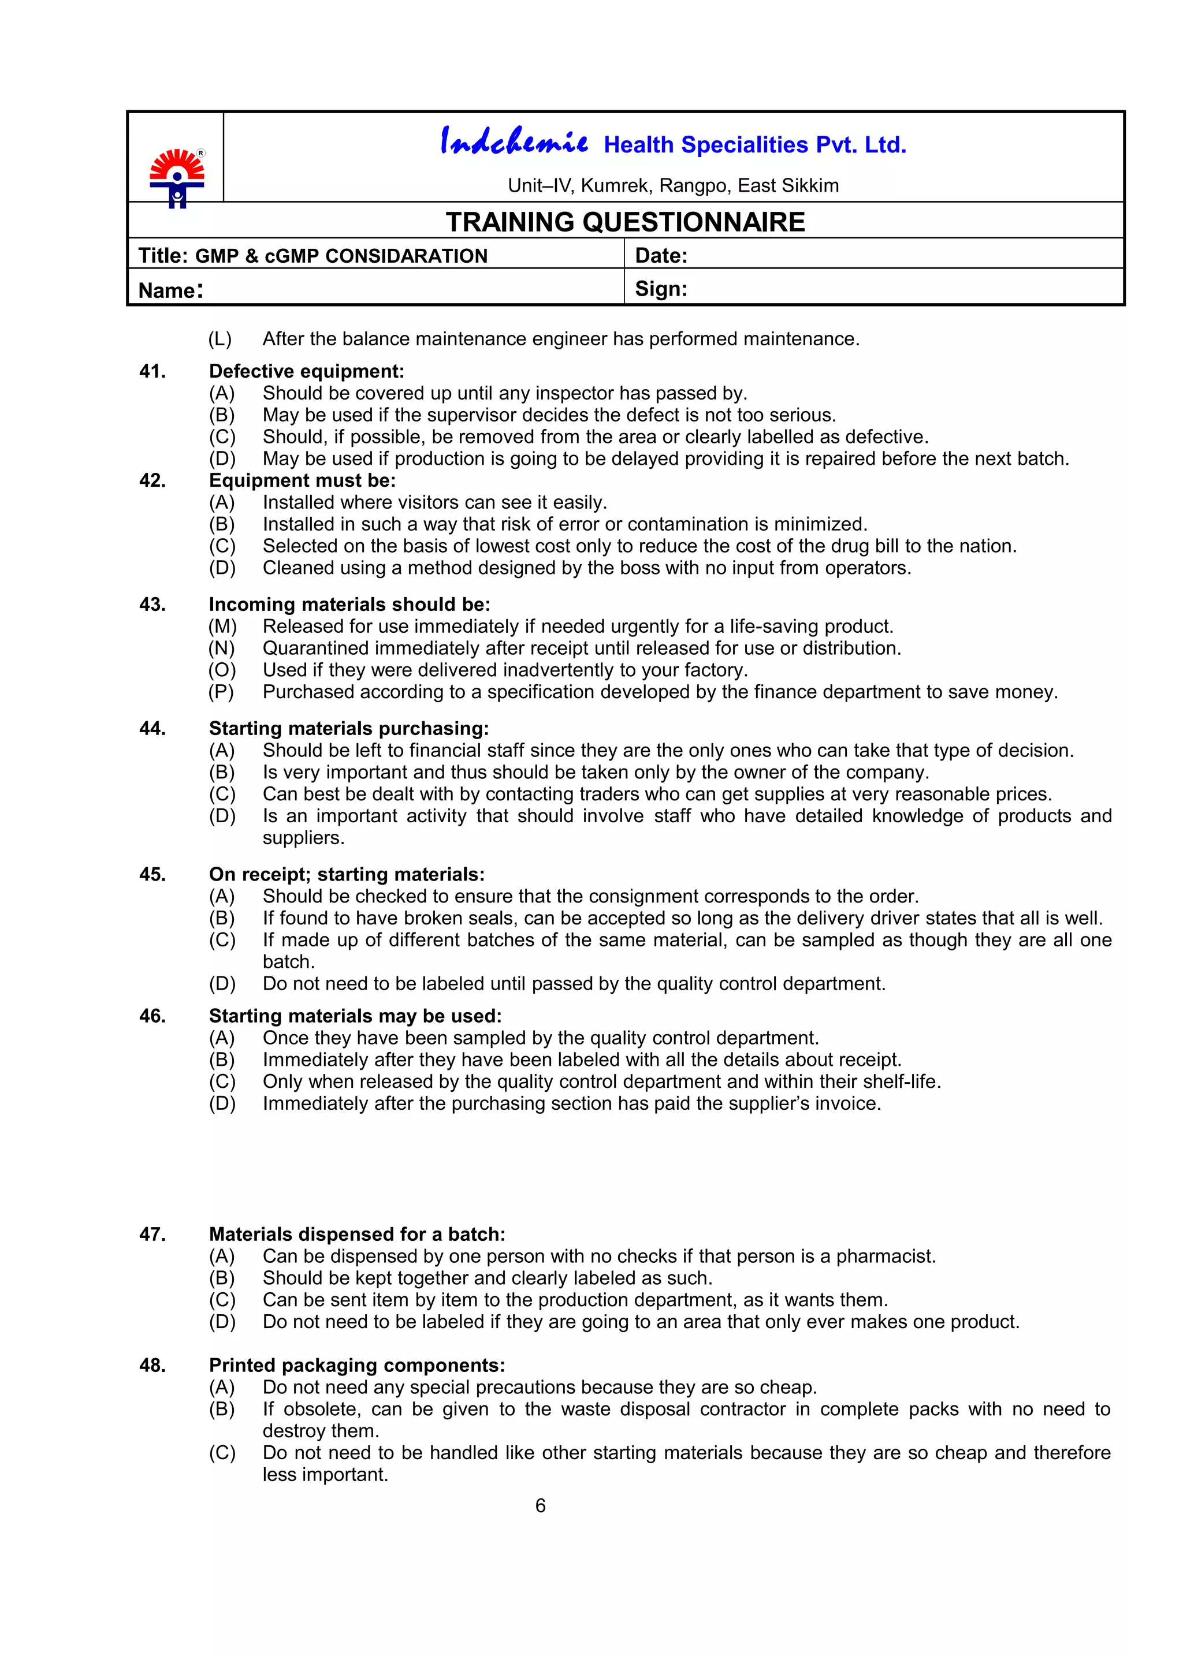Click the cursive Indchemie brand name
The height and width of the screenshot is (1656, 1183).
pyautogui.click(x=514, y=141)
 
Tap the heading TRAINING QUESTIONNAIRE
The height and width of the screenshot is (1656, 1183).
pyautogui.click(x=625, y=222)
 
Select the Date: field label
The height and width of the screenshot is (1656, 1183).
pyautogui.click(x=661, y=256)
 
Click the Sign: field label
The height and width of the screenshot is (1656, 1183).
pyautogui.click(x=661, y=289)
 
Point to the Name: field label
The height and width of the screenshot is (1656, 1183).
pyautogui.click(x=170, y=290)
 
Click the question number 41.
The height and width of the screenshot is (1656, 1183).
pyautogui.click(x=152, y=371)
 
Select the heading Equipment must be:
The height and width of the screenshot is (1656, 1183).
pyautogui.click(x=302, y=480)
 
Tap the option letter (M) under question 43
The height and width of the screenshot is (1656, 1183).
pyautogui.click(x=222, y=626)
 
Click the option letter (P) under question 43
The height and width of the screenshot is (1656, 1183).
pyautogui.click(x=221, y=692)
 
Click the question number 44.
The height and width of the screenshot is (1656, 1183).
pyautogui.click(x=152, y=728)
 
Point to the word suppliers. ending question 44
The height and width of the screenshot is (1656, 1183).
pyautogui.click(x=303, y=838)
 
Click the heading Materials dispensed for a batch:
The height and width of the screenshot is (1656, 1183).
pyautogui.click(x=357, y=1234)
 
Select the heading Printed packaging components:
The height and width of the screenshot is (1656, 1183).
pyautogui.click(x=357, y=1366)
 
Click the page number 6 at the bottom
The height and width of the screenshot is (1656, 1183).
pyautogui.click(x=540, y=1505)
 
